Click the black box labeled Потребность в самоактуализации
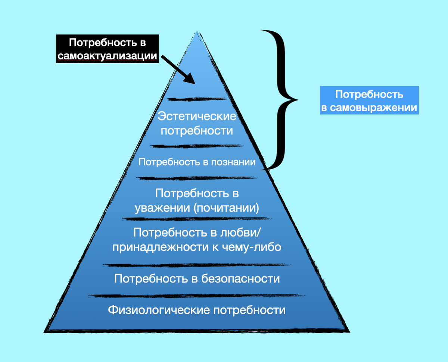pyautogui.click(x=108, y=49)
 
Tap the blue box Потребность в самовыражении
pyautogui.click(x=369, y=100)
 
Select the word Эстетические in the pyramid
pyautogui.click(x=197, y=117)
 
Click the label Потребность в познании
pyautogui.click(x=197, y=162)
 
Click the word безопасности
pyautogui.click(x=240, y=279)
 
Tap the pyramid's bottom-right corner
pyautogui.click(x=349, y=331)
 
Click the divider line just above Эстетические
pyautogui.click(x=197, y=99)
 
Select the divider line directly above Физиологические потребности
pyautogui.click(x=197, y=296)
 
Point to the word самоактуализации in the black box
pyautogui.click(x=107, y=56)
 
